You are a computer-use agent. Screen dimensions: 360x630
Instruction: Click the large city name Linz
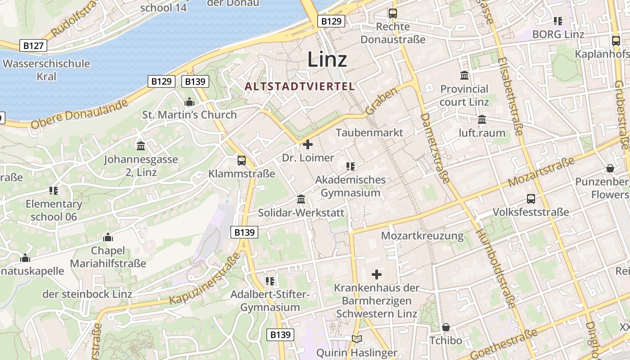[327, 59]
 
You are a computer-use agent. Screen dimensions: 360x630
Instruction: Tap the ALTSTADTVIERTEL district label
[300, 86]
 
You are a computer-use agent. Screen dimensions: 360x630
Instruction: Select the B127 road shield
[33, 45]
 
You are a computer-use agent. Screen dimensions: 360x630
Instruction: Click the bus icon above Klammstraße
[242, 160]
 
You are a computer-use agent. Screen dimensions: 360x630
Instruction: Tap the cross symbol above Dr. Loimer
[308, 144]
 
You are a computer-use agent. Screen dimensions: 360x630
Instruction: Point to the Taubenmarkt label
[369, 133]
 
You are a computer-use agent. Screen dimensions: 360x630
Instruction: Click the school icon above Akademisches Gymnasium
[351, 166]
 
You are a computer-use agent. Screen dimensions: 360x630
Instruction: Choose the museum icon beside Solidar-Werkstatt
[301, 199]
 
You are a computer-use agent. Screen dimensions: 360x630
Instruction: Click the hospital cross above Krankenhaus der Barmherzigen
[377, 274]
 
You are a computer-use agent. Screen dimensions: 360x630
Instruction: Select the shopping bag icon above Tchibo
[445, 327]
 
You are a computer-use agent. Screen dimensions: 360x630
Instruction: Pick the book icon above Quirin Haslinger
[356, 339]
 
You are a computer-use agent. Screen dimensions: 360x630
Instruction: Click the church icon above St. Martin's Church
[189, 102]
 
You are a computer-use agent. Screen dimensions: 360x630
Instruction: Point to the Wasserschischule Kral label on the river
[46, 70]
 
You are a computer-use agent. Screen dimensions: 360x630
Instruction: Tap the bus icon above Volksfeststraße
[531, 198]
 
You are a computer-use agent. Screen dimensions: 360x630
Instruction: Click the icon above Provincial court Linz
[464, 75]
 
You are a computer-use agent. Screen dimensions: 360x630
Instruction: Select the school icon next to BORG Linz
[558, 21]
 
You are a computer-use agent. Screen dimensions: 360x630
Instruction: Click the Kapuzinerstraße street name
[204, 279]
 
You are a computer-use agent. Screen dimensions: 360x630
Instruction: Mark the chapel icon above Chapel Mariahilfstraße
[108, 237]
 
